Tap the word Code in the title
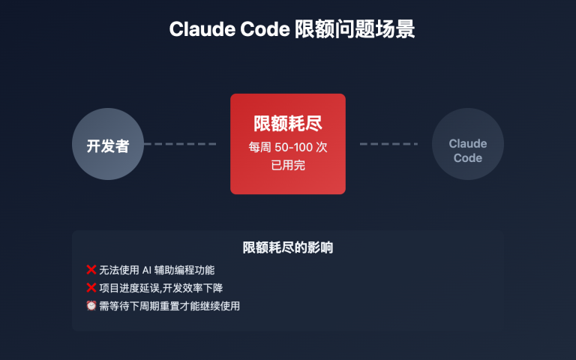coord(257,29)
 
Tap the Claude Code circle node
coord(468,144)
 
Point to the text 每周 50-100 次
coord(288,147)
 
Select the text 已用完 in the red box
coord(288,165)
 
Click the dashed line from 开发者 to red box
coord(180,144)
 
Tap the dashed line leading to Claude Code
coord(388,144)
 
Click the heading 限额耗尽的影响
coord(288,247)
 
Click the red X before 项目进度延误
coord(91,288)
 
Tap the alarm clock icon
coord(91,306)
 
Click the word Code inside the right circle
coord(468,158)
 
